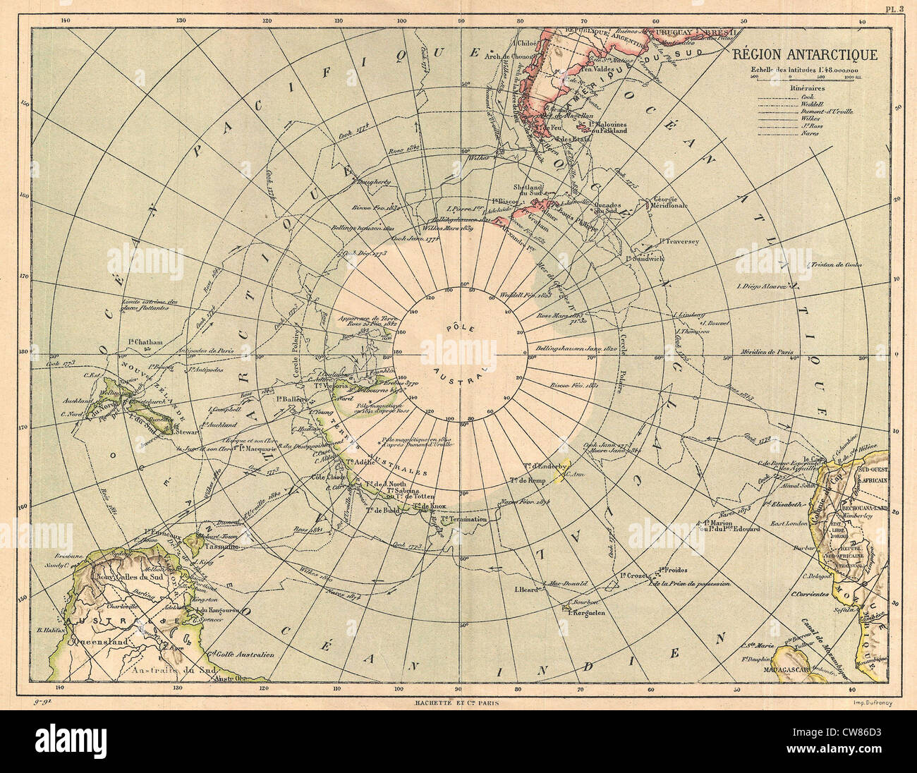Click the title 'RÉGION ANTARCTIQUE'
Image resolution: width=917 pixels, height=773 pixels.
point(803,55)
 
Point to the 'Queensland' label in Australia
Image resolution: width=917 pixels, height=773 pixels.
point(97,642)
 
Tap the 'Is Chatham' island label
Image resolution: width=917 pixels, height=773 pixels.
point(146,342)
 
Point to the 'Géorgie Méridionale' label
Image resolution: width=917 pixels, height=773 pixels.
point(670,202)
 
